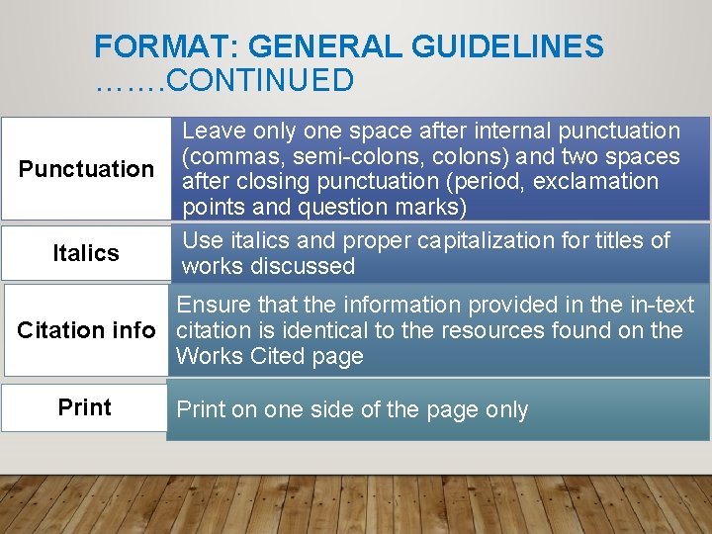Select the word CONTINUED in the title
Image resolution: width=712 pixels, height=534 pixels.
[260, 80]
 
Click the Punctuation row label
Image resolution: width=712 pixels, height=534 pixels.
[87, 169]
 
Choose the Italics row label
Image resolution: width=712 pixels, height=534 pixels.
[86, 253]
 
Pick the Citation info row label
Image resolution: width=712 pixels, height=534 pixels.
[86, 330]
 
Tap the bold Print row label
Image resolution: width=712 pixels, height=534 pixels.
[85, 407]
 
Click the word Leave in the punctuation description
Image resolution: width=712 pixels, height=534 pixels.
[215, 131]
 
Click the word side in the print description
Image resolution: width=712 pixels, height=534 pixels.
[316, 410]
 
